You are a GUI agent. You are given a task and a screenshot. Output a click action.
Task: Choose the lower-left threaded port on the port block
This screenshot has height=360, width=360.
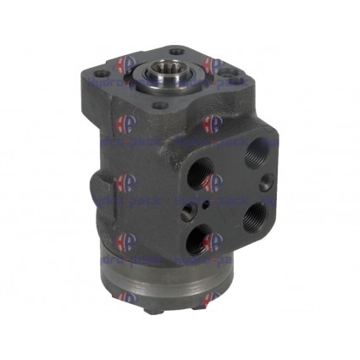[202, 235]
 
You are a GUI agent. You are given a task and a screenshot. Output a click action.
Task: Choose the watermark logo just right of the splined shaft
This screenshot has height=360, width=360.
[211, 65]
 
